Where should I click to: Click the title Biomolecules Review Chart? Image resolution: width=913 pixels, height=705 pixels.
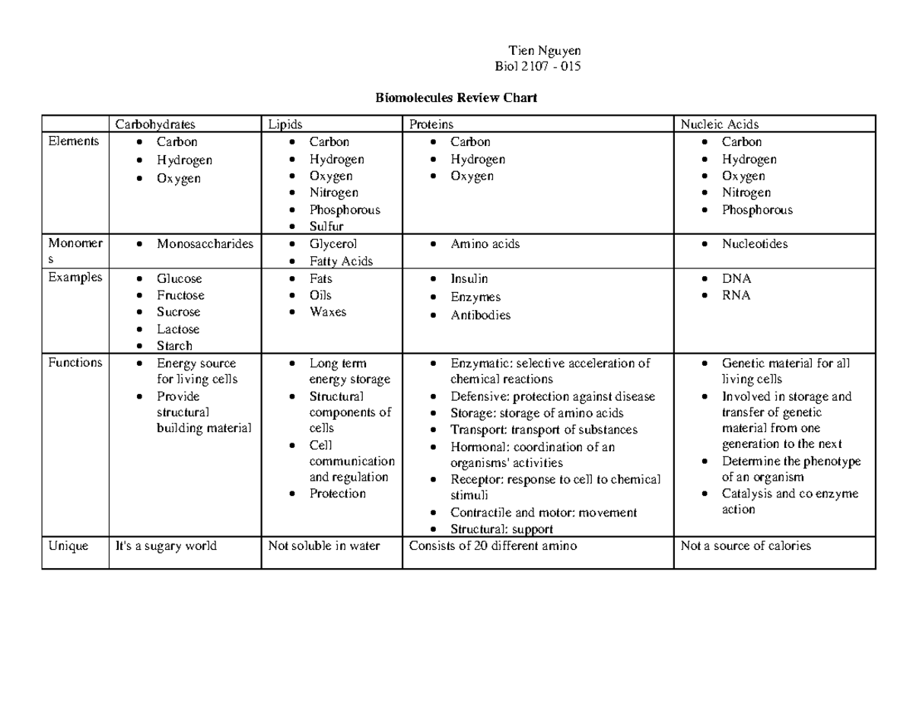456,97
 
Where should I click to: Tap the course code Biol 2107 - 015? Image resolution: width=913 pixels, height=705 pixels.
538,66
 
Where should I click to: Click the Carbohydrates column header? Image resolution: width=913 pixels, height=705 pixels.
155,124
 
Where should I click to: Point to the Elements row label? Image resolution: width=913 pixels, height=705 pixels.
73,141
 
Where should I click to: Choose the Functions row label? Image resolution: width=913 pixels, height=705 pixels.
75,363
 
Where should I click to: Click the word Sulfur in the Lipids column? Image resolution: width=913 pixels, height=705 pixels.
326,227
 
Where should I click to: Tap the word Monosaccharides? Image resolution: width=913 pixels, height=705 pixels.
205,244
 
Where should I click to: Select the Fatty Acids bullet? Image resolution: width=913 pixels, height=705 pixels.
341,261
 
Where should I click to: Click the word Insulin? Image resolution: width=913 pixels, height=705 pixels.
469,278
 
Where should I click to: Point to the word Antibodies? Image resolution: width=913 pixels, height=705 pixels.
480,315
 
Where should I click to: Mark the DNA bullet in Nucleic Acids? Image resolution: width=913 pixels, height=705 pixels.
736,278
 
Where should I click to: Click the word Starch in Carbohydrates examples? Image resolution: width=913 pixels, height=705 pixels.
174,346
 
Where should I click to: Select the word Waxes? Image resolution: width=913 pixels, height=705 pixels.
328,312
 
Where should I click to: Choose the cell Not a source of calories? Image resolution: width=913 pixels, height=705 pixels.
746,546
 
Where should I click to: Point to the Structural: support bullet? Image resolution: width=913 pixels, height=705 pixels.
501,529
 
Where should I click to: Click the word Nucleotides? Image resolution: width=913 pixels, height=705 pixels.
755,244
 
